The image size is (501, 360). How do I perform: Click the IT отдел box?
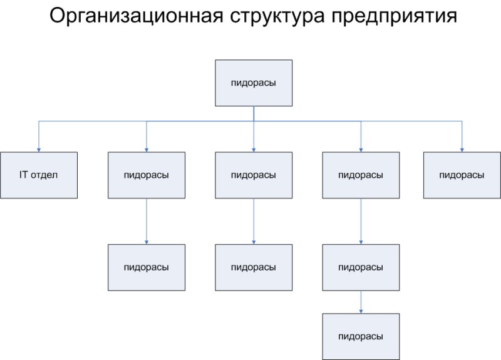point(39,175)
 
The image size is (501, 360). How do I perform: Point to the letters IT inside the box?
point(23,175)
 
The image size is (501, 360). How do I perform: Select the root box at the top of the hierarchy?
point(254,83)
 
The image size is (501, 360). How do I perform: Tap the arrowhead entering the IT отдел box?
point(39,149)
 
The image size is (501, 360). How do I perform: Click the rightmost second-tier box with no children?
point(462,175)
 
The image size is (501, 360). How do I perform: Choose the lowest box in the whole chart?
point(361,336)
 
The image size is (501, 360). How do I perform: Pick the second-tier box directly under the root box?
point(254,175)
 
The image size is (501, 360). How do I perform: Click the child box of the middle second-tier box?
point(254,267)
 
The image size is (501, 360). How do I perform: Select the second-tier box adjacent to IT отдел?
point(147,175)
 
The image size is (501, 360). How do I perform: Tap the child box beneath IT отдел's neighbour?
point(147,267)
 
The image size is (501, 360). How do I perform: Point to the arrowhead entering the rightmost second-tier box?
point(462,149)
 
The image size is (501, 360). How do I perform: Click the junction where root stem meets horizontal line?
point(254,120)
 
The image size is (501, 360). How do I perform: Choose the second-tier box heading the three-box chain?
point(361,175)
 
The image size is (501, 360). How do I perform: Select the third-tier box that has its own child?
point(361,267)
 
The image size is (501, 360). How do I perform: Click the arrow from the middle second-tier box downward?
point(254,222)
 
